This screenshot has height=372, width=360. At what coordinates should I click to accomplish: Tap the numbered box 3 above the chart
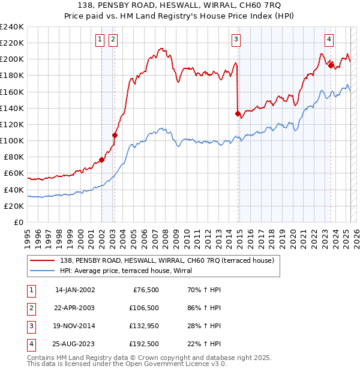tap(236, 40)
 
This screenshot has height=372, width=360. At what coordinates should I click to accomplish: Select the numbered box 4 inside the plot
tap(329, 40)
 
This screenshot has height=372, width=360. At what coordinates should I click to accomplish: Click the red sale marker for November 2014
tap(238, 113)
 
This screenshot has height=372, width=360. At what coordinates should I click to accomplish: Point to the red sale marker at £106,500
tap(115, 135)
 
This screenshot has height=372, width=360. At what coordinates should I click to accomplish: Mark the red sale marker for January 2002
tap(101, 160)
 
